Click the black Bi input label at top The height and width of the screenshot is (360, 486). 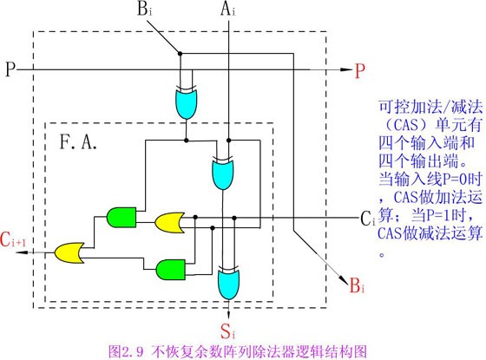[144, 10]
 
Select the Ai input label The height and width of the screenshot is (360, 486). [227, 10]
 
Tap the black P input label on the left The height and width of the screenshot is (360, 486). [10, 69]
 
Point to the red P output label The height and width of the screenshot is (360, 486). [359, 71]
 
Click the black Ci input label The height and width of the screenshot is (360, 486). [368, 219]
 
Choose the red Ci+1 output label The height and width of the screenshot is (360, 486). [13, 239]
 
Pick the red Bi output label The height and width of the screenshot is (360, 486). [357, 285]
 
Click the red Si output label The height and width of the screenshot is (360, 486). [227, 331]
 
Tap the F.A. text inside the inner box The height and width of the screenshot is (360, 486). [78, 142]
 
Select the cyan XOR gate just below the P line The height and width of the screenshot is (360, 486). [186, 102]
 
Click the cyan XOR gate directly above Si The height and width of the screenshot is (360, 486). [229, 283]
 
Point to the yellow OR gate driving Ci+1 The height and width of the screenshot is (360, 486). [69, 252]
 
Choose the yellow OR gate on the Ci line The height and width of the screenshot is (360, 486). [169, 222]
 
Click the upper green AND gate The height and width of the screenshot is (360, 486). [121, 217]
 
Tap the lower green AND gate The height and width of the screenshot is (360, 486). [171, 270]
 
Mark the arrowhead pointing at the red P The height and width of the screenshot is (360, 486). [346, 69]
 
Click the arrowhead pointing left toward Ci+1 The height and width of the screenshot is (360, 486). [22, 252]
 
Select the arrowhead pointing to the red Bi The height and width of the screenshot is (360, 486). [344, 279]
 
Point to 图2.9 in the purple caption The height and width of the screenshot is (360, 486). [126, 351]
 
